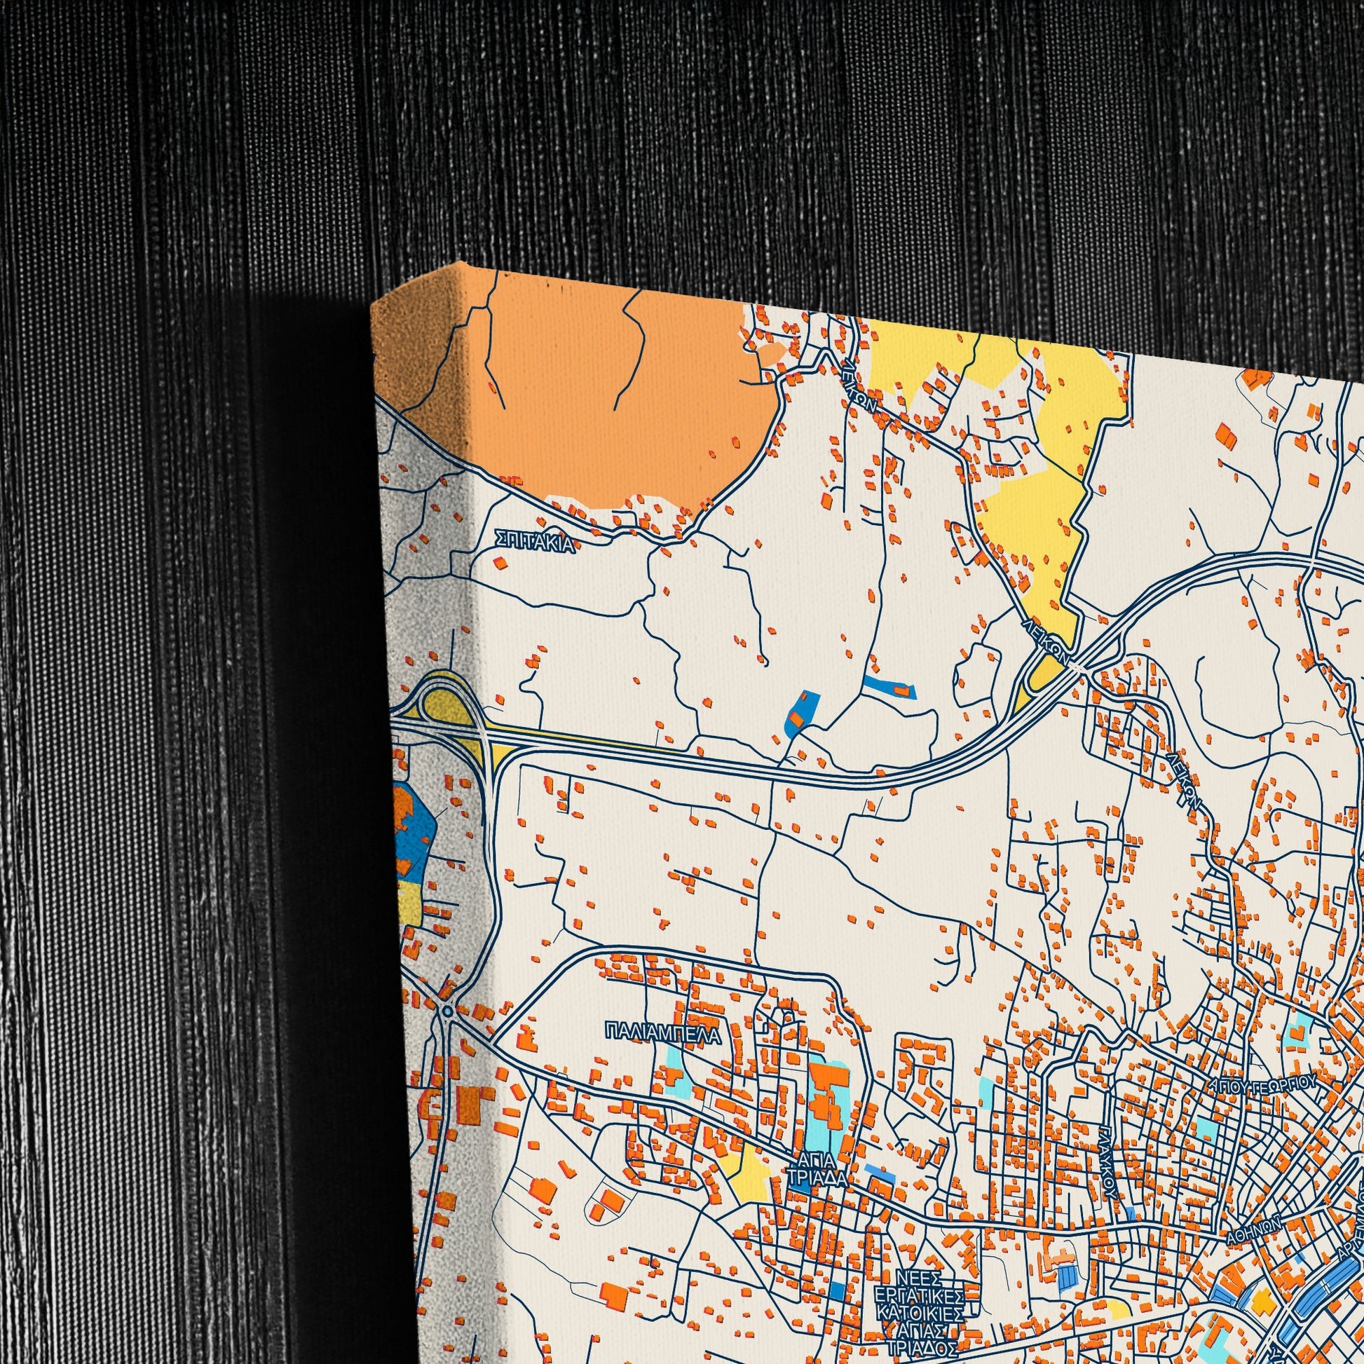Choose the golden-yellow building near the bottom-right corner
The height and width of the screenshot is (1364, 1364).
tap(1262, 1279)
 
